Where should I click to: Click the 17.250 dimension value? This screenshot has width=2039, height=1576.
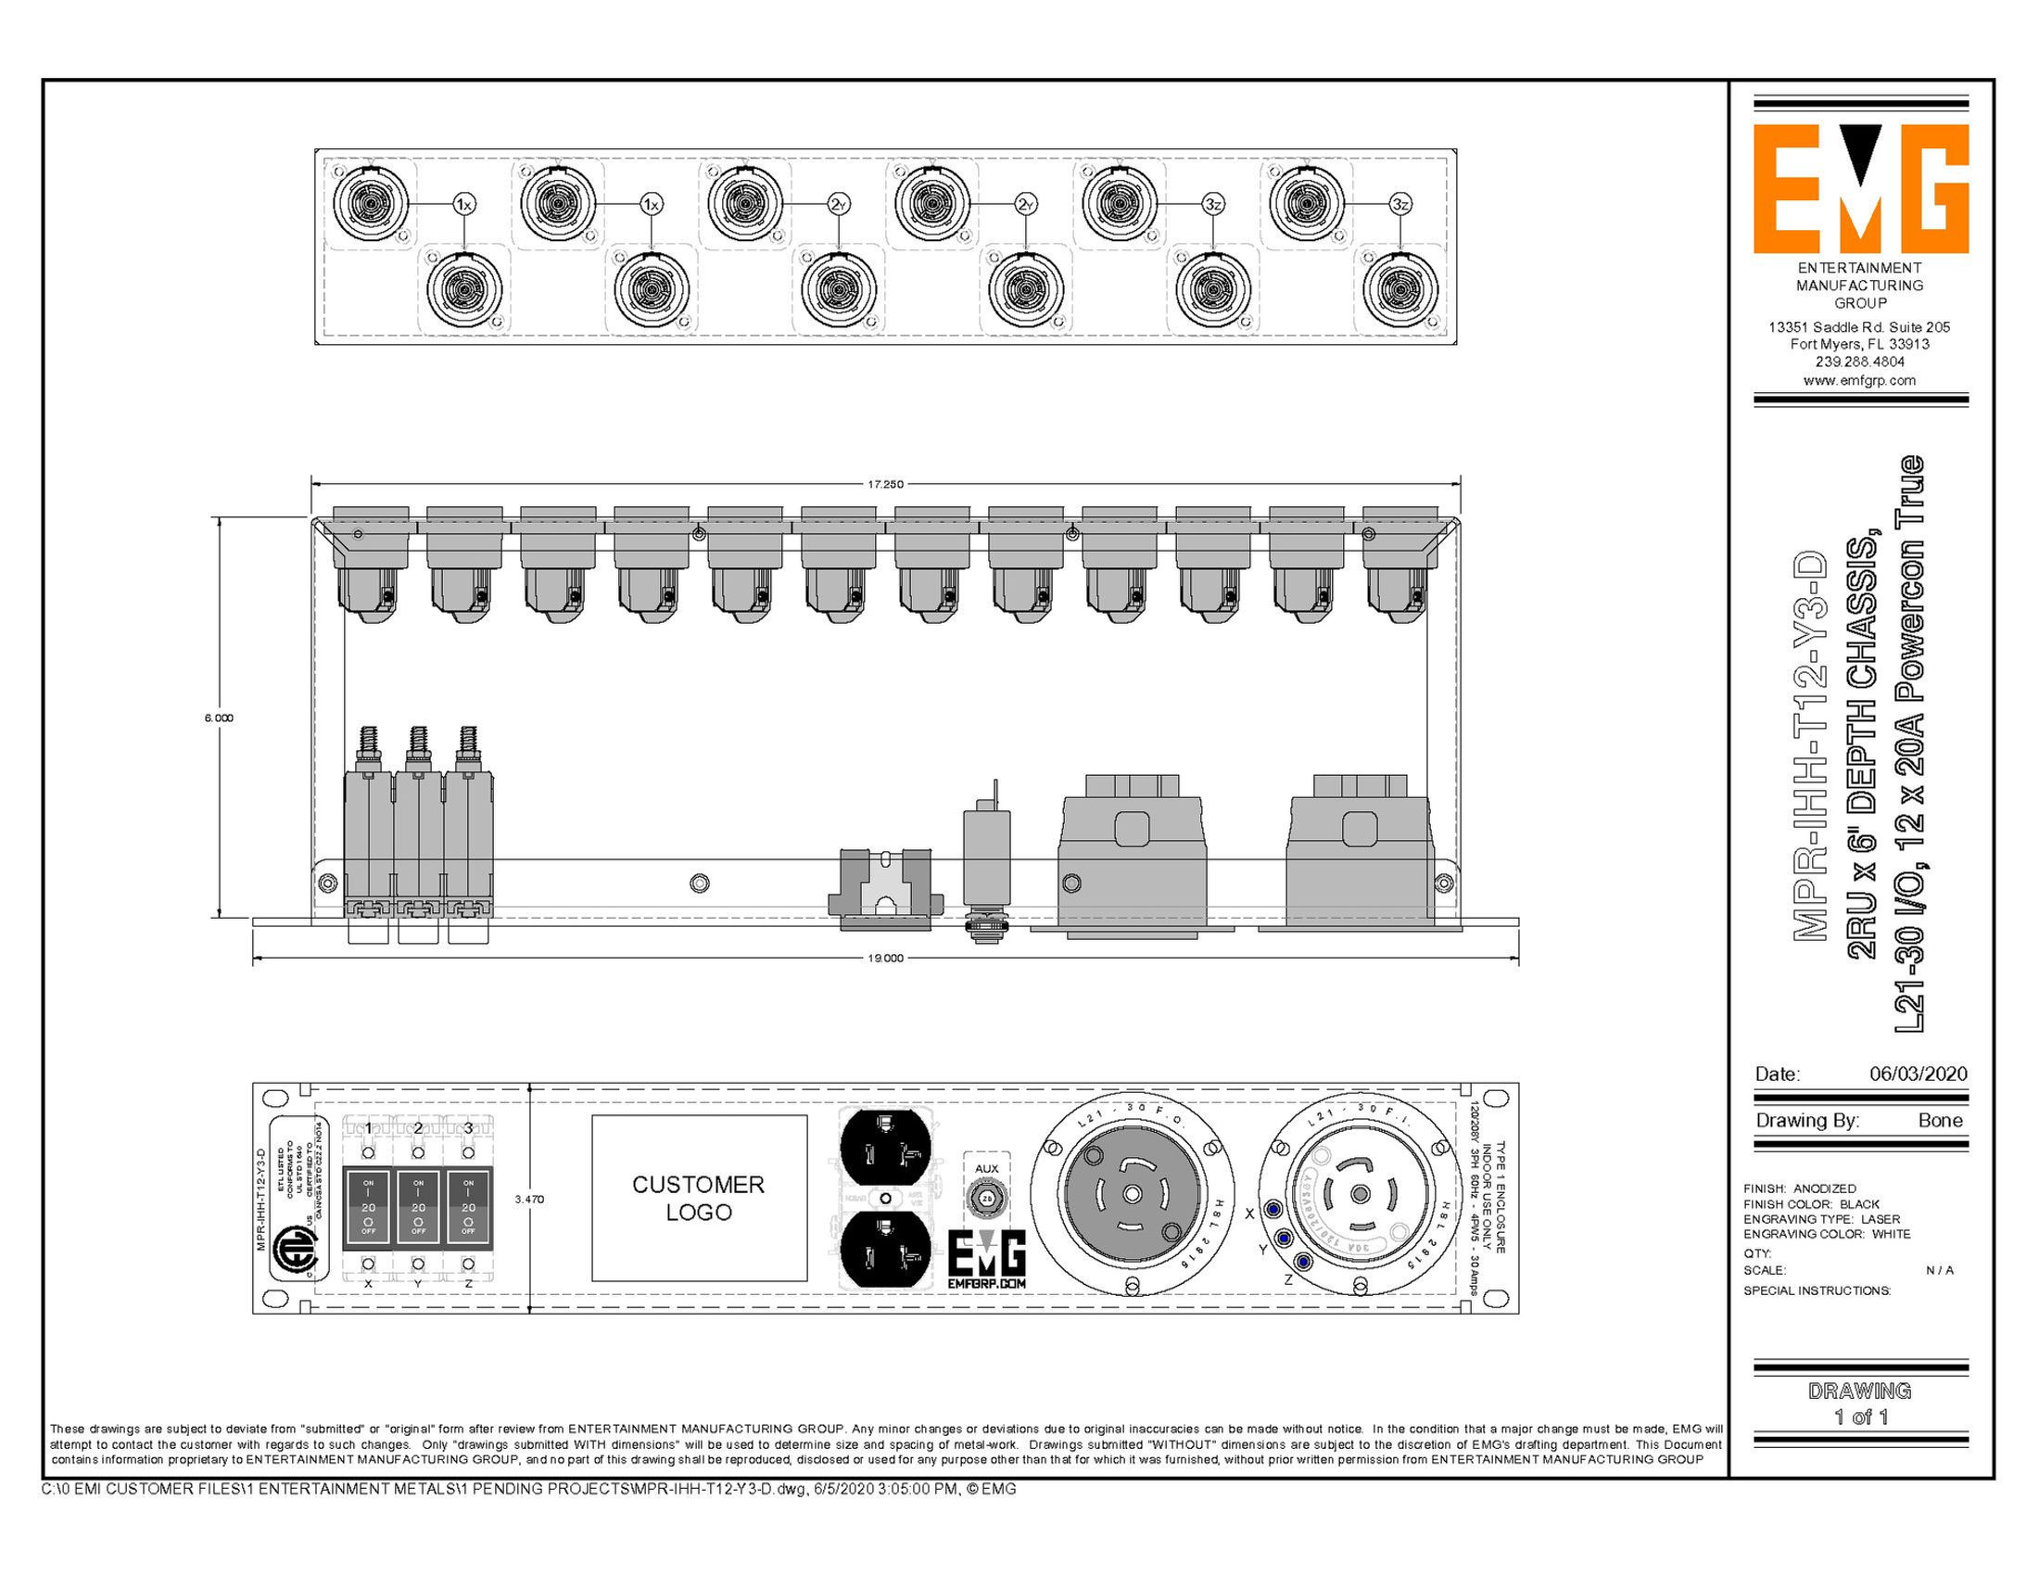point(885,485)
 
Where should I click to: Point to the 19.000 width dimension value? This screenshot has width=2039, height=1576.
point(885,958)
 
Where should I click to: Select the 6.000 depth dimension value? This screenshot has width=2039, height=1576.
point(219,718)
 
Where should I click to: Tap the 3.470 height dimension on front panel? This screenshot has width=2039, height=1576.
point(529,1199)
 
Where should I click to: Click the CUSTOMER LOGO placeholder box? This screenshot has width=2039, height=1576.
point(698,1198)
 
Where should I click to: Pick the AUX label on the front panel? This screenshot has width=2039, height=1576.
point(986,1168)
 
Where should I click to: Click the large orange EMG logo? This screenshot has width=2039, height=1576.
point(1860,189)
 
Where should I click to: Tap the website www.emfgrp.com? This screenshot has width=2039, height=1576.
point(1860,380)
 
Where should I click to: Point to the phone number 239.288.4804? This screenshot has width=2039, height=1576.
point(1860,362)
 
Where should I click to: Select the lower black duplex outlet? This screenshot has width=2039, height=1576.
point(885,1253)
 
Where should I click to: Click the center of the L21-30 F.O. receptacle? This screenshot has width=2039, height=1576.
point(1132,1195)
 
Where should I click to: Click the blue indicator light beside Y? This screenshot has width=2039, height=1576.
point(1284,1238)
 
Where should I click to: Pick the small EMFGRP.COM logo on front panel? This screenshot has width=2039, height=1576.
point(987,1261)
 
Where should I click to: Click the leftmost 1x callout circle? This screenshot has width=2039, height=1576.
point(464,204)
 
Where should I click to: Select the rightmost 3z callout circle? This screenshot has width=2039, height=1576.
point(1399,204)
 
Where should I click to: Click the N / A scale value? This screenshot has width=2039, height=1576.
point(1939,1271)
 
